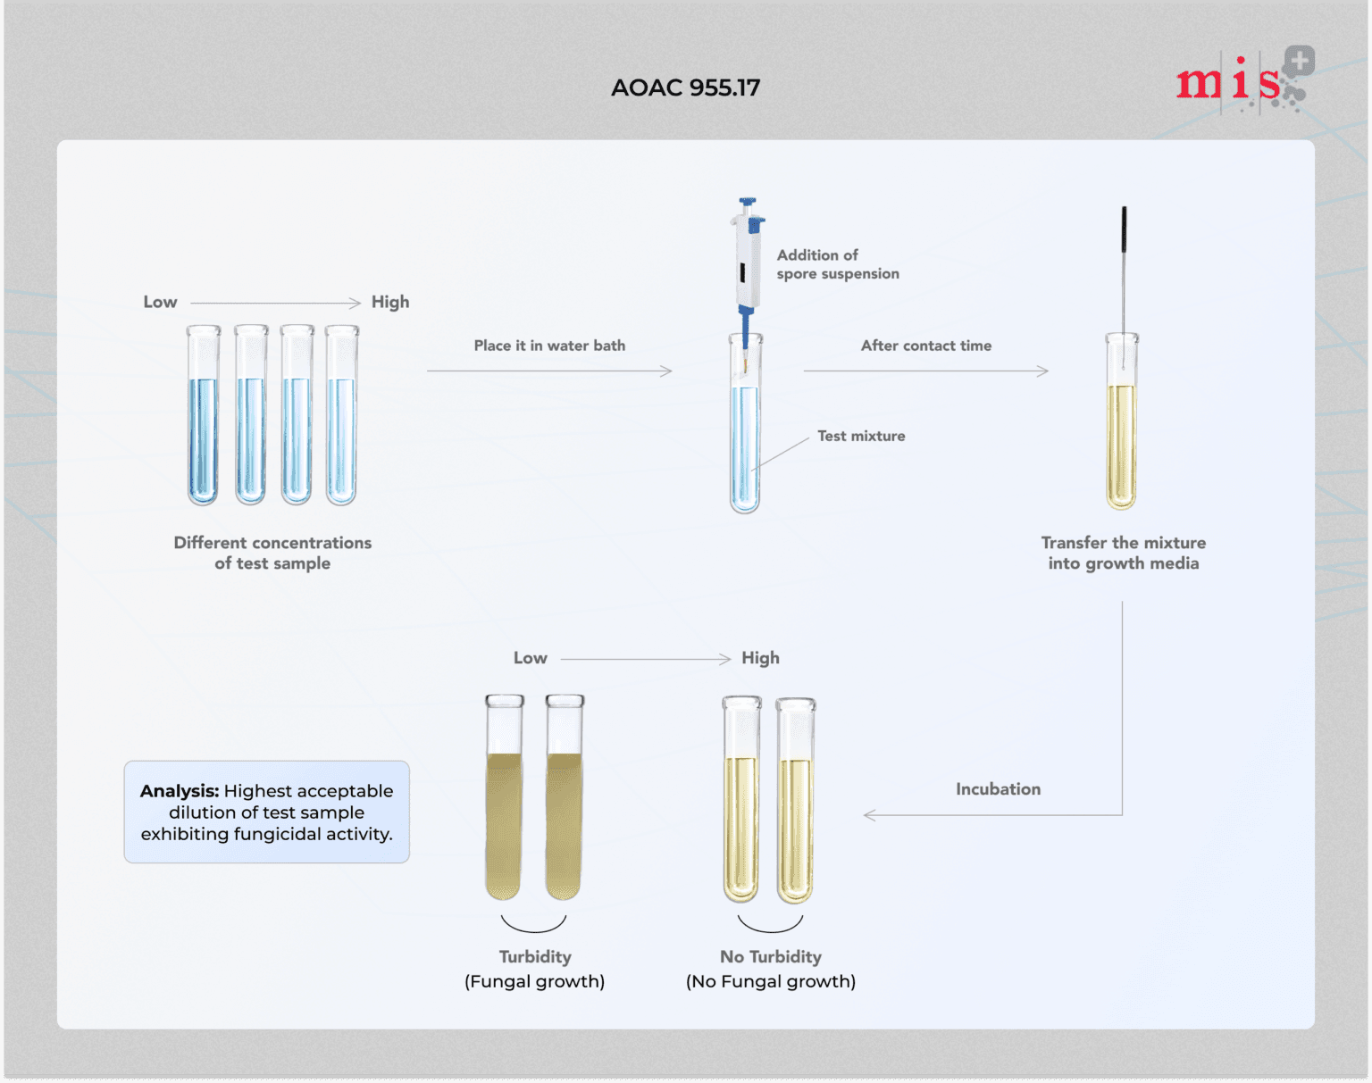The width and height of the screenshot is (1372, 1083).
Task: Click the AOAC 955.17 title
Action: coord(685,87)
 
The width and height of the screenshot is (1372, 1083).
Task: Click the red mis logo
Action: coord(1229,83)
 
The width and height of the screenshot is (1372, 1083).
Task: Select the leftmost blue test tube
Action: coord(204,415)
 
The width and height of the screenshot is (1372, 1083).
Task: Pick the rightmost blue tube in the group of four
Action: coord(341,415)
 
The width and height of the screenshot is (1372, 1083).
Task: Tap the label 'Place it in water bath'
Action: coord(549,346)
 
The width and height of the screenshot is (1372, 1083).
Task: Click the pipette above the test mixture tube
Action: coord(747,259)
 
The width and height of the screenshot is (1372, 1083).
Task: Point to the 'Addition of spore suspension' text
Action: coord(837,264)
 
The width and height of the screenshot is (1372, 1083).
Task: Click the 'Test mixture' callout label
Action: coord(861,436)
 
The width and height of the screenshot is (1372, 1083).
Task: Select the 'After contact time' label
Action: coord(925,346)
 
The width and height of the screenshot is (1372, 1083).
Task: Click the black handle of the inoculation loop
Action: coord(1124,229)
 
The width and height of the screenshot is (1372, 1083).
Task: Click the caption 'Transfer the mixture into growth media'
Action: coord(1123,553)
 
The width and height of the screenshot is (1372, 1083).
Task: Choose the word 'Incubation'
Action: coord(998,789)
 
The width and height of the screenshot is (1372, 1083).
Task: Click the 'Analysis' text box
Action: coord(266,812)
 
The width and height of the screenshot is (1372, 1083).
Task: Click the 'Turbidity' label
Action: coord(535,956)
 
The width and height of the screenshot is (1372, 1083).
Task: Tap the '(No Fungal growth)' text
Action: coord(770,981)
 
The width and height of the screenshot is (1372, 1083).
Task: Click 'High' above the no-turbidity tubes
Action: coord(760,658)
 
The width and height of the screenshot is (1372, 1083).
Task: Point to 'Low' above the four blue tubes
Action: coord(160,302)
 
